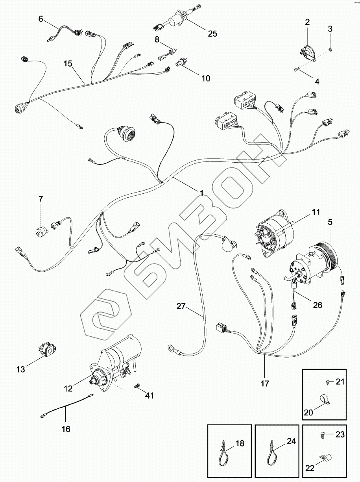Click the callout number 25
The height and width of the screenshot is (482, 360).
pyautogui.click(x=212, y=34)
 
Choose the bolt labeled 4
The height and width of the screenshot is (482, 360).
pyautogui.click(x=297, y=70)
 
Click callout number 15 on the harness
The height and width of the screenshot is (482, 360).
pyautogui.click(x=68, y=63)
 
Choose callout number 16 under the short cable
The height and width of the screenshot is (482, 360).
pyautogui.click(x=66, y=429)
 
